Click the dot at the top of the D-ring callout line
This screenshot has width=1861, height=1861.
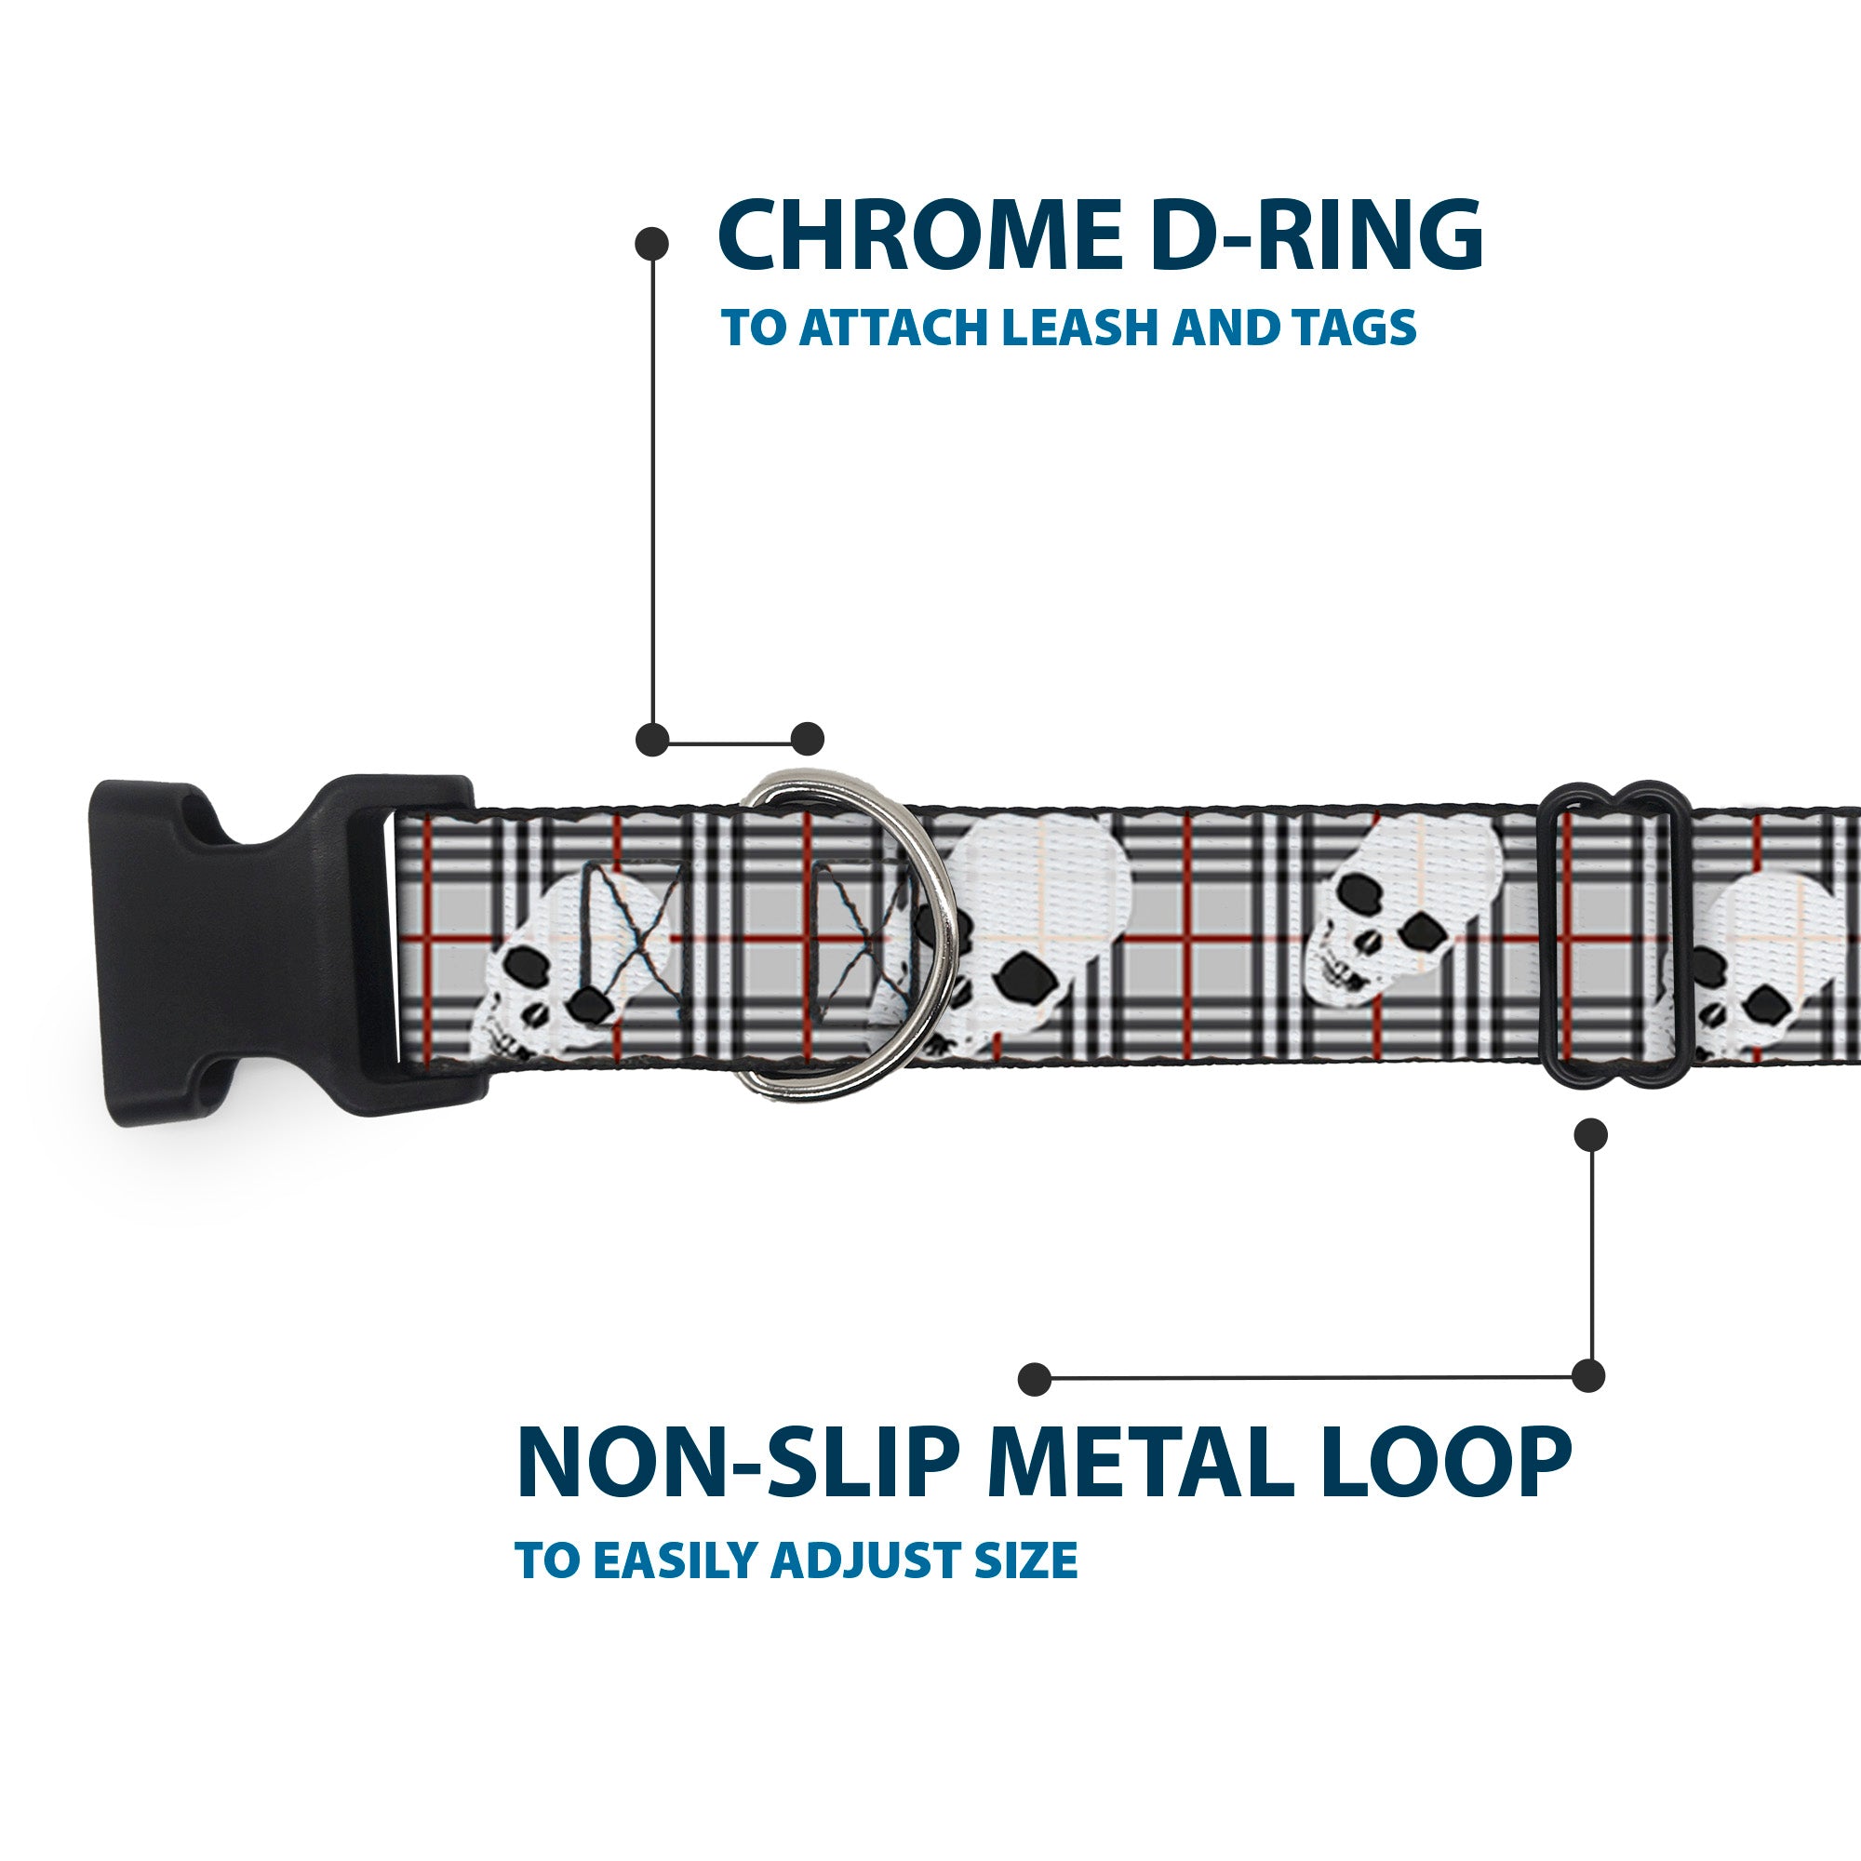point(652,243)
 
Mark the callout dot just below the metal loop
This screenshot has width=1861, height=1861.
point(1590,1134)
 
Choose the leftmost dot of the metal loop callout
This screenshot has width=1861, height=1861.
point(1035,1378)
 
